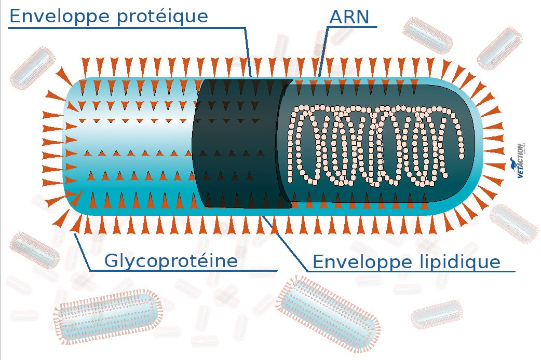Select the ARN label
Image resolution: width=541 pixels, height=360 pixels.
tap(349, 17)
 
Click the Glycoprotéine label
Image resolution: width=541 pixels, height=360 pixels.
tap(171, 260)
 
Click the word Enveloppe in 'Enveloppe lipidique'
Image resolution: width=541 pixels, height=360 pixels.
tap(354, 262)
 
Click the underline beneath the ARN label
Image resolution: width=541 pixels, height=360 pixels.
tap(353, 26)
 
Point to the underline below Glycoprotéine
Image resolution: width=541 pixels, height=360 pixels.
tap(182, 270)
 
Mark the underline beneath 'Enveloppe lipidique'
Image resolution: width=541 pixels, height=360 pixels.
tap(410, 271)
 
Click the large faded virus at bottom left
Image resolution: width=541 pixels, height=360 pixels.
tap(106, 316)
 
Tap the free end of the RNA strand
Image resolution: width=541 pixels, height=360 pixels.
tap(461, 155)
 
